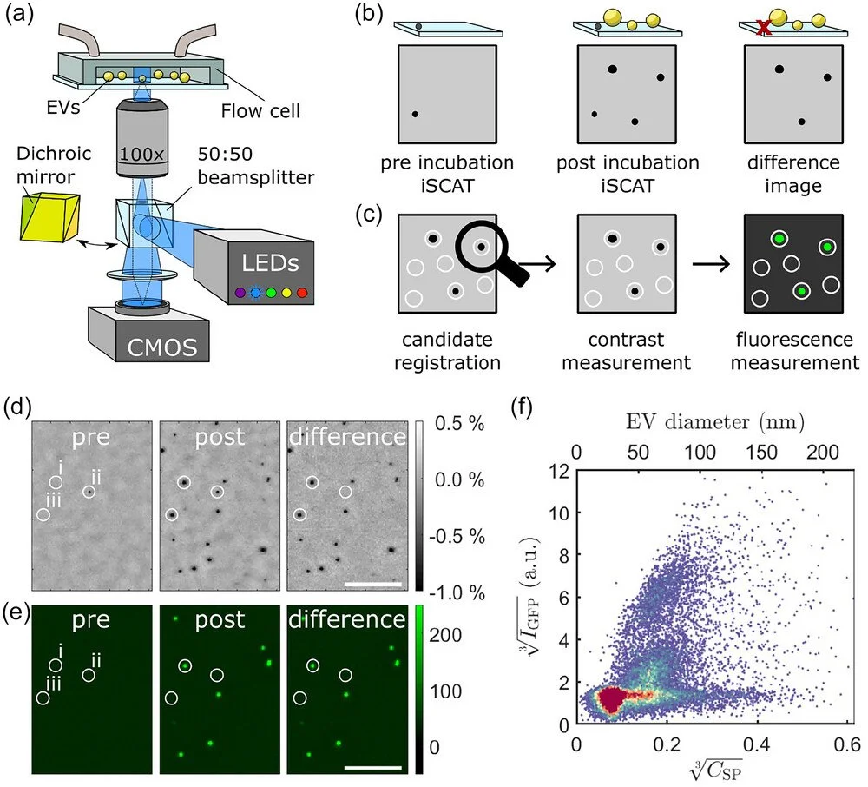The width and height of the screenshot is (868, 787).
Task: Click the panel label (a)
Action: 20,15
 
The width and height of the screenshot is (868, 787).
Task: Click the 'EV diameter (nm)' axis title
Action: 713,423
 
